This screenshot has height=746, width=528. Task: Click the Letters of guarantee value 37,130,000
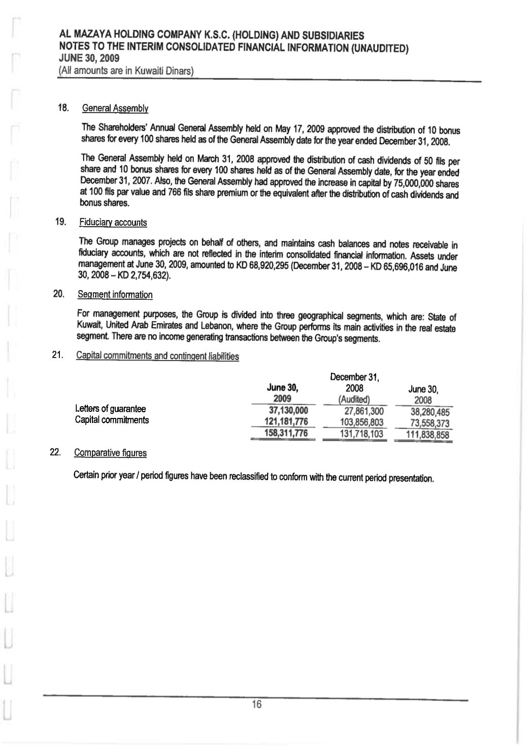point(288,410)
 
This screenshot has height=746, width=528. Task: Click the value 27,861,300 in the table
point(362,411)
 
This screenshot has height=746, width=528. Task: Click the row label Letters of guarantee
point(110,409)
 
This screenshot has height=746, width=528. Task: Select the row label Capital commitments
point(112,420)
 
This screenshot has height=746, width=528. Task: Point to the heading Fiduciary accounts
point(113,223)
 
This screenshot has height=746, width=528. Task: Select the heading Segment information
point(115,295)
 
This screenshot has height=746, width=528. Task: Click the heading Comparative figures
point(110,453)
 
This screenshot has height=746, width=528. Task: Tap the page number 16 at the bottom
point(256,705)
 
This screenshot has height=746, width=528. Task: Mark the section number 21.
point(57,356)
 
